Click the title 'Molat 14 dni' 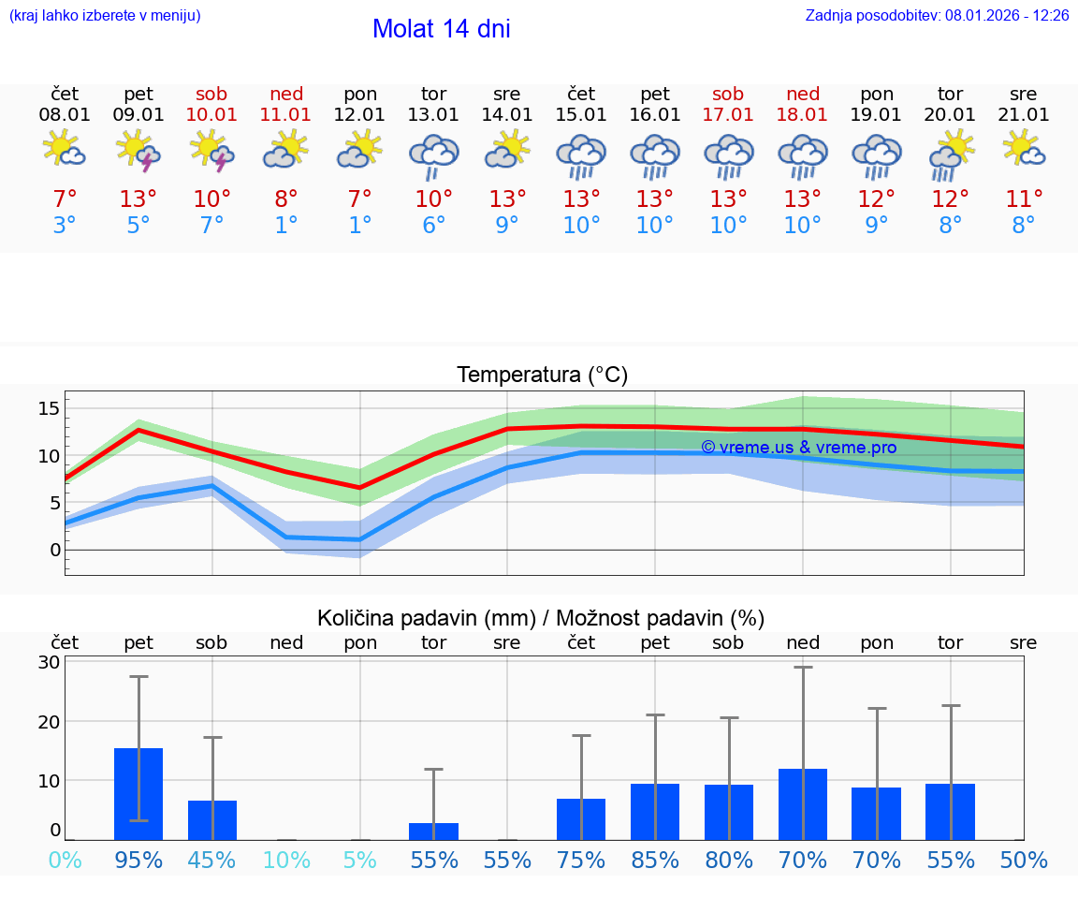(441, 29)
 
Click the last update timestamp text (937, 16)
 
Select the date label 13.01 (433, 115)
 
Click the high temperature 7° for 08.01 (65, 199)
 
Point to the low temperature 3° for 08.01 (65, 226)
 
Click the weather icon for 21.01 (1024, 149)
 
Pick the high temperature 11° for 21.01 (1024, 199)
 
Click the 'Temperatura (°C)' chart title (542, 376)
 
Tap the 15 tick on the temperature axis (49, 408)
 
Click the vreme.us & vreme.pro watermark (798, 448)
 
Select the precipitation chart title (541, 618)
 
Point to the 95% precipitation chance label (138, 861)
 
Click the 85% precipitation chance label (655, 861)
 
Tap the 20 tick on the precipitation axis (50, 722)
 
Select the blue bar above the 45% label (212, 820)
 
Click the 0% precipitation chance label (65, 861)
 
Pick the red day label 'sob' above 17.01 (728, 94)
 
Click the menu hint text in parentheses (104, 16)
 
